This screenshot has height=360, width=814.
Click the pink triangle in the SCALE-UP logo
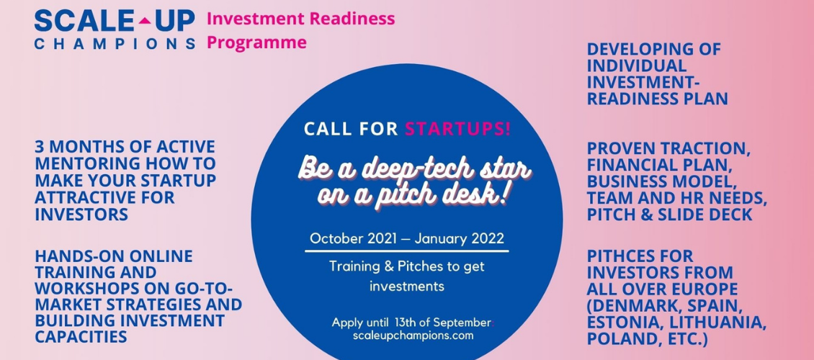146,22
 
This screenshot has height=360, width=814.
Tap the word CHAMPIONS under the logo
115,43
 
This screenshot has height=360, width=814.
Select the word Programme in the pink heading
256,42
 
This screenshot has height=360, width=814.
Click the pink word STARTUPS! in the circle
457,129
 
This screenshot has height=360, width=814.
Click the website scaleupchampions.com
413,335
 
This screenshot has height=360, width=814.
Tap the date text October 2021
357,238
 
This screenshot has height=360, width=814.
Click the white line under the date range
406,251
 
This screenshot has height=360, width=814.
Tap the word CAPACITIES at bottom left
81,337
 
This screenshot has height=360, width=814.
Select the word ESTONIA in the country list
622,323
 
